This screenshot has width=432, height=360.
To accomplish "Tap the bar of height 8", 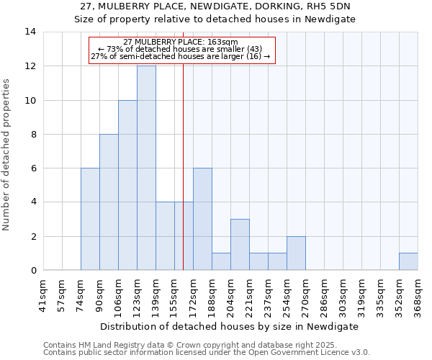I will point(109,202).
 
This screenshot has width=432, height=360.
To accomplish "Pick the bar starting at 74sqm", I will point(90,219).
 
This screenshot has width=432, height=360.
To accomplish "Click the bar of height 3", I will point(240,245).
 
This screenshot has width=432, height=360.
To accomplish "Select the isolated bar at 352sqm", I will point(408,262).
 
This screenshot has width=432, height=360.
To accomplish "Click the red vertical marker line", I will point(184,180).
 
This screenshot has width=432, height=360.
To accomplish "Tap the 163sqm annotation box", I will point(181,50).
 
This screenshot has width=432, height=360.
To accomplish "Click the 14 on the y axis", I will point(30,32).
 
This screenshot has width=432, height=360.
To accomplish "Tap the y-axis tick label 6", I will point(33,168).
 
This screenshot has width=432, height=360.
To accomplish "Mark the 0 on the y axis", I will point(33,271).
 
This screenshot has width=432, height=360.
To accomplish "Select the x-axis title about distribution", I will point(230,326).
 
